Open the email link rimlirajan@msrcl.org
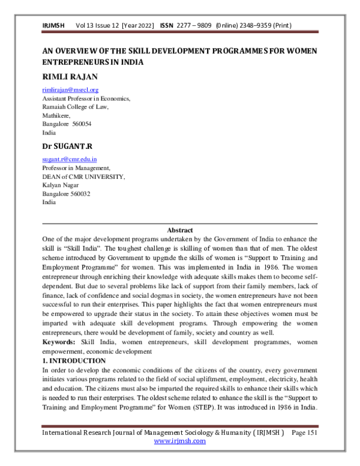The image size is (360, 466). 70,89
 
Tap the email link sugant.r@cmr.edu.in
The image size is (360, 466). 69,160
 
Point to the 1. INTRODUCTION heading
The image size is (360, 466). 74,360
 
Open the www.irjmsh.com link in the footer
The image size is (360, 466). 179,441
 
